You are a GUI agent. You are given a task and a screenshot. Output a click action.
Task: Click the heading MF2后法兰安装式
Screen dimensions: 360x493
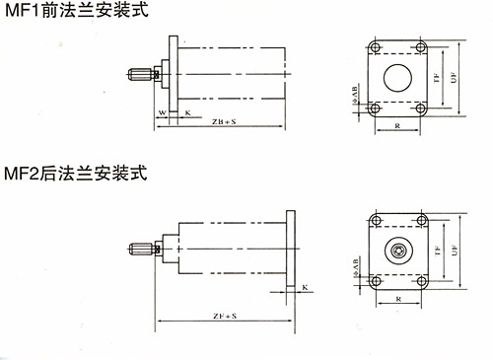[x=75, y=176]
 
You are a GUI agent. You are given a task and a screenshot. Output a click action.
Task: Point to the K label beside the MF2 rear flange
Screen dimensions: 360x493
[x=305, y=287]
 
